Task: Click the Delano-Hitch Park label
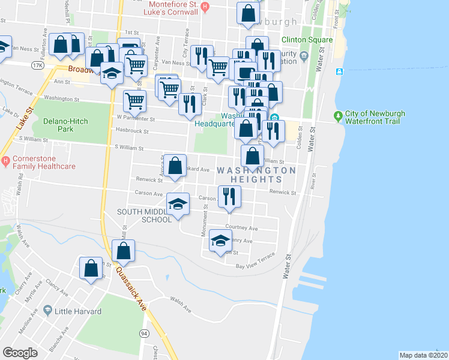pos(65,126)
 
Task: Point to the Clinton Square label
pos(307,40)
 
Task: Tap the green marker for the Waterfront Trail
pos(339,114)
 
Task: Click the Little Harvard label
pos(77,311)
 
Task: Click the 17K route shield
pos(38,64)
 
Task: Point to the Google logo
pos(21,352)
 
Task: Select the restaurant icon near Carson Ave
pos(228,196)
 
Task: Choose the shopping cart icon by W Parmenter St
pos(134,100)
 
